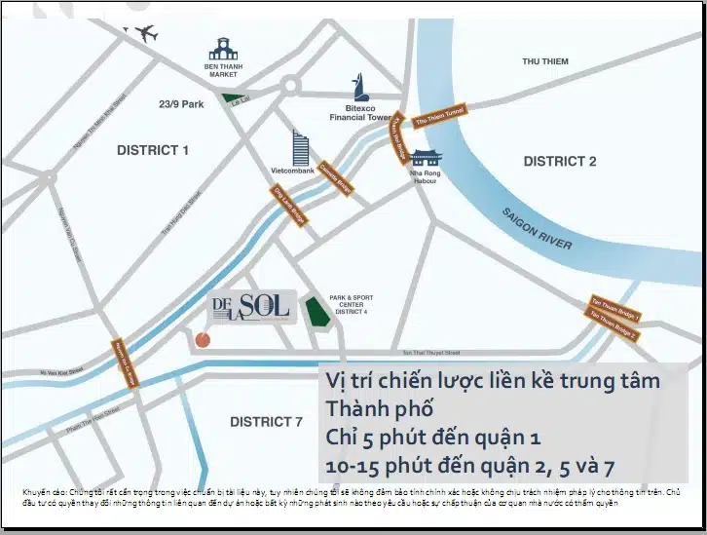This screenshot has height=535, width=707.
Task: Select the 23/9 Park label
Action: (x=181, y=104)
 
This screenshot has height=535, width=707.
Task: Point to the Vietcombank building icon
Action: (x=300, y=148)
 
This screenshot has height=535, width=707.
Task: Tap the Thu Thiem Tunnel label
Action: (x=441, y=117)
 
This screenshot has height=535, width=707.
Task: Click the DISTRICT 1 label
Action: (x=153, y=150)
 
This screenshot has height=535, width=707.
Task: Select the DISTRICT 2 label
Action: (x=559, y=161)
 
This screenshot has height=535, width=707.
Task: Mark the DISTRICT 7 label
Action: (x=266, y=422)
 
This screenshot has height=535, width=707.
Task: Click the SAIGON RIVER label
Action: (x=538, y=229)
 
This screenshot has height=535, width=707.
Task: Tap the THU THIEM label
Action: (x=544, y=61)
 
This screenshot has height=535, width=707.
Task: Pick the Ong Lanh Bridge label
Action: (x=290, y=206)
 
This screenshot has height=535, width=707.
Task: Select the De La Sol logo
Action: (x=251, y=307)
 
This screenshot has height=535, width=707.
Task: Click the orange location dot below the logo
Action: (x=203, y=340)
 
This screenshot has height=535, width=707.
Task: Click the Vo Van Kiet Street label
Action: (x=61, y=370)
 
